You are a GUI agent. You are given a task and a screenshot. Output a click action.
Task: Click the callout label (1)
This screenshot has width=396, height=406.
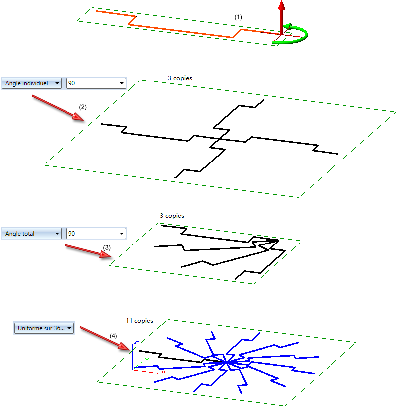[238, 17]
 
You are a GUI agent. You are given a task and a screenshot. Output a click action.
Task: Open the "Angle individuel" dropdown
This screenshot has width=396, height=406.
[32, 83]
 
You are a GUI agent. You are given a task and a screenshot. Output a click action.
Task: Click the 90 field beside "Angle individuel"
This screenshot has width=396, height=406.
[96, 83]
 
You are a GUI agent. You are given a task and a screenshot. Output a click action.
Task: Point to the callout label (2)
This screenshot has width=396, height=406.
[83, 107]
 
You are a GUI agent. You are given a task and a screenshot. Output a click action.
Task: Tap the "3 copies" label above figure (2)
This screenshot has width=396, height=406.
[179, 78]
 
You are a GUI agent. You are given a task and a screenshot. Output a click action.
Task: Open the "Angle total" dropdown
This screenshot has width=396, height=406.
[32, 234]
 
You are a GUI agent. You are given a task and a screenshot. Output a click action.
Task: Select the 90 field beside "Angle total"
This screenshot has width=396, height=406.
[96, 234]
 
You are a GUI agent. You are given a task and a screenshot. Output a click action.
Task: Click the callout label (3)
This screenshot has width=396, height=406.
[107, 247]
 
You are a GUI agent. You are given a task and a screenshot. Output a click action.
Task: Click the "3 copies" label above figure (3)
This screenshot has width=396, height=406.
[172, 216]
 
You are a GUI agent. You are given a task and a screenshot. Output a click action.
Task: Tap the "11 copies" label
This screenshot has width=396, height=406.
[139, 321]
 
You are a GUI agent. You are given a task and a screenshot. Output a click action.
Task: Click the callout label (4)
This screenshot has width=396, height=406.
[114, 336]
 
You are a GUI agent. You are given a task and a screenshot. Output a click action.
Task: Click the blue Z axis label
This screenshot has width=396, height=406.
[136, 343]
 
